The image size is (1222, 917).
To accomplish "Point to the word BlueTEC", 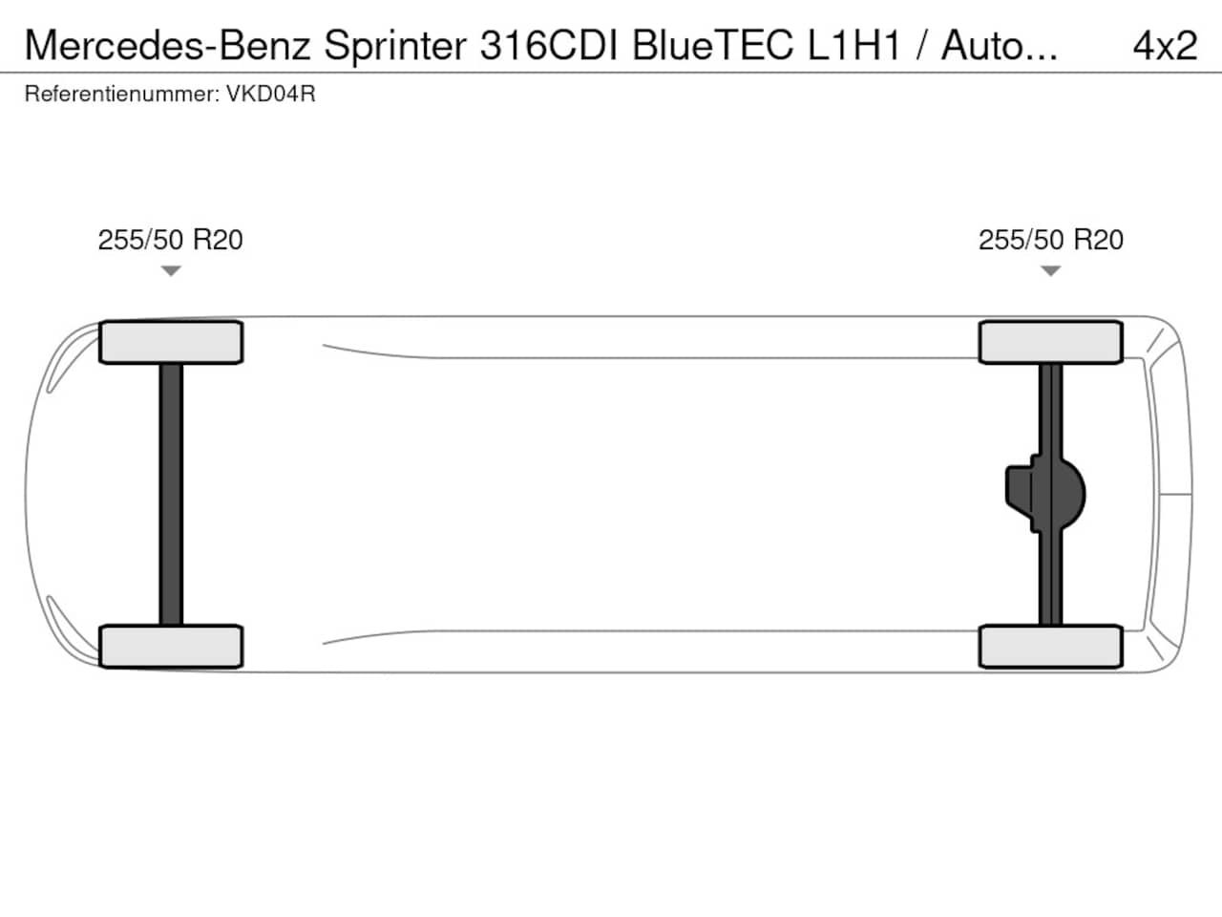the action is pyautogui.click(x=712, y=45).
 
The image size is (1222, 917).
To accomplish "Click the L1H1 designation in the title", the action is pyautogui.click(x=853, y=45).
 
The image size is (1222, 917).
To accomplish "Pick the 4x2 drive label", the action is pyautogui.click(x=1165, y=45).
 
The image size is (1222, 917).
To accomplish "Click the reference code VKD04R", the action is pyautogui.click(x=271, y=95).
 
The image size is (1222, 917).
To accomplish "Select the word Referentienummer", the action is pyautogui.click(x=122, y=95).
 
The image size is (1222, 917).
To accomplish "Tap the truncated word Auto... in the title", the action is pyautogui.click(x=1000, y=45).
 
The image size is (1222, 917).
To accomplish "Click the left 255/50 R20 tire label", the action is pyautogui.click(x=170, y=240).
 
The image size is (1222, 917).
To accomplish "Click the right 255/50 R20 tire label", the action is pyautogui.click(x=1050, y=240).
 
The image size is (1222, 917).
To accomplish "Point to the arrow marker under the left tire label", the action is pyautogui.click(x=171, y=271).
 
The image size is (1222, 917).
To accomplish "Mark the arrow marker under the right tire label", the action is pyautogui.click(x=1050, y=271).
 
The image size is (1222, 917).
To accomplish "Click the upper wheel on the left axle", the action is pyautogui.click(x=171, y=342).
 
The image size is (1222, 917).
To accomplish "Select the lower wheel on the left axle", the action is pyautogui.click(x=171, y=647).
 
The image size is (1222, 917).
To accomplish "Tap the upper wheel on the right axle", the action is pyautogui.click(x=1050, y=342).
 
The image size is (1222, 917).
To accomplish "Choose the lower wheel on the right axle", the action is pyautogui.click(x=1050, y=647).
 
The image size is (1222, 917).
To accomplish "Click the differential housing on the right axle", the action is pyautogui.click(x=1045, y=494).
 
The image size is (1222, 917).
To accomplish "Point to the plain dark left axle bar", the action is pyautogui.click(x=171, y=495).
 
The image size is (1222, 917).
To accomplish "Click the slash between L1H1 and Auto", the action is pyautogui.click(x=921, y=45).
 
